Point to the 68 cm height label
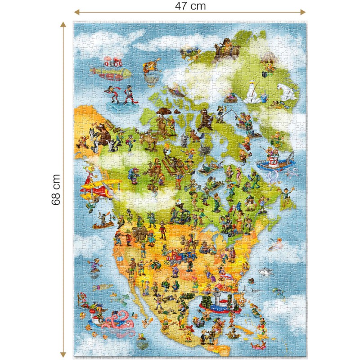click(x=55, y=189)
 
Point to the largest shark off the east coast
click(x=266, y=272)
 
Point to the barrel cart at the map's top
click(x=223, y=49)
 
